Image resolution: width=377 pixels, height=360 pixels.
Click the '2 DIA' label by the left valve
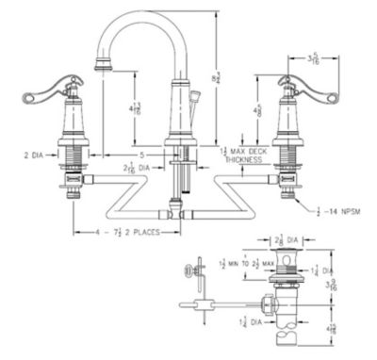pyautogui.click(x=34, y=151)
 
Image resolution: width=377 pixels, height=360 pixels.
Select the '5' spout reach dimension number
pyautogui.click(x=142, y=152)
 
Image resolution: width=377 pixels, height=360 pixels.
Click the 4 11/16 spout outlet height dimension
pyautogui.click(x=138, y=108)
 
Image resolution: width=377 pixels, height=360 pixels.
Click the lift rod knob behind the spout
pyautogui.click(x=195, y=97)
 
